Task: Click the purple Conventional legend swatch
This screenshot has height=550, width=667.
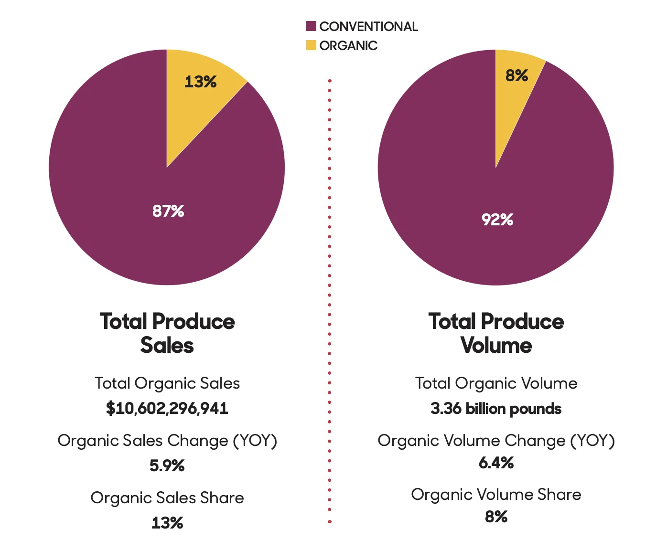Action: [x=311, y=26]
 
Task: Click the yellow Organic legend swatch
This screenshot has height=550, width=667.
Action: [x=311, y=45]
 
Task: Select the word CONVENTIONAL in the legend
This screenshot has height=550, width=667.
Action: [x=368, y=26]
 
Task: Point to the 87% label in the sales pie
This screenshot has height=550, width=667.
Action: [x=168, y=211]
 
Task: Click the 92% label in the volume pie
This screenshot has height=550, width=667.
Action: [x=497, y=220]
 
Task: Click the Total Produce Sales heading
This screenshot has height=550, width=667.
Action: [x=167, y=333]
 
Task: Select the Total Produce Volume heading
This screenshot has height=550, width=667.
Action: [x=496, y=333]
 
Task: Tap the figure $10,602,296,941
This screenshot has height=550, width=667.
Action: [x=167, y=408]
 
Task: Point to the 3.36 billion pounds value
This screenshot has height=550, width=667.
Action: [x=496, y=409]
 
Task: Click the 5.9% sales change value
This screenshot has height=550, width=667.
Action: [x=167, y=465]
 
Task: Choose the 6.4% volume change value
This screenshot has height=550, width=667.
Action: [x=496, y=463]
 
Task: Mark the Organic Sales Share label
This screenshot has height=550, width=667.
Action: [x=167, y=497]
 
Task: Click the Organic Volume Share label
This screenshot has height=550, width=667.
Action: [x=496, y=494]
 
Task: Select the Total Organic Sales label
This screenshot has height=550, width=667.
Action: [x=167, y=383]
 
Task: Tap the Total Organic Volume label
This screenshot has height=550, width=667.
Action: [x=496, y=383]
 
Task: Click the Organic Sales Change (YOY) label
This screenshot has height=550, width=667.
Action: [x=167, y=440]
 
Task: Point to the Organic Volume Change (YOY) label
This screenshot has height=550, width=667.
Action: [x=496, y=440]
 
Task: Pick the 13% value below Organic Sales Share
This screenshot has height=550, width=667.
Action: [x=167, y=523]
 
